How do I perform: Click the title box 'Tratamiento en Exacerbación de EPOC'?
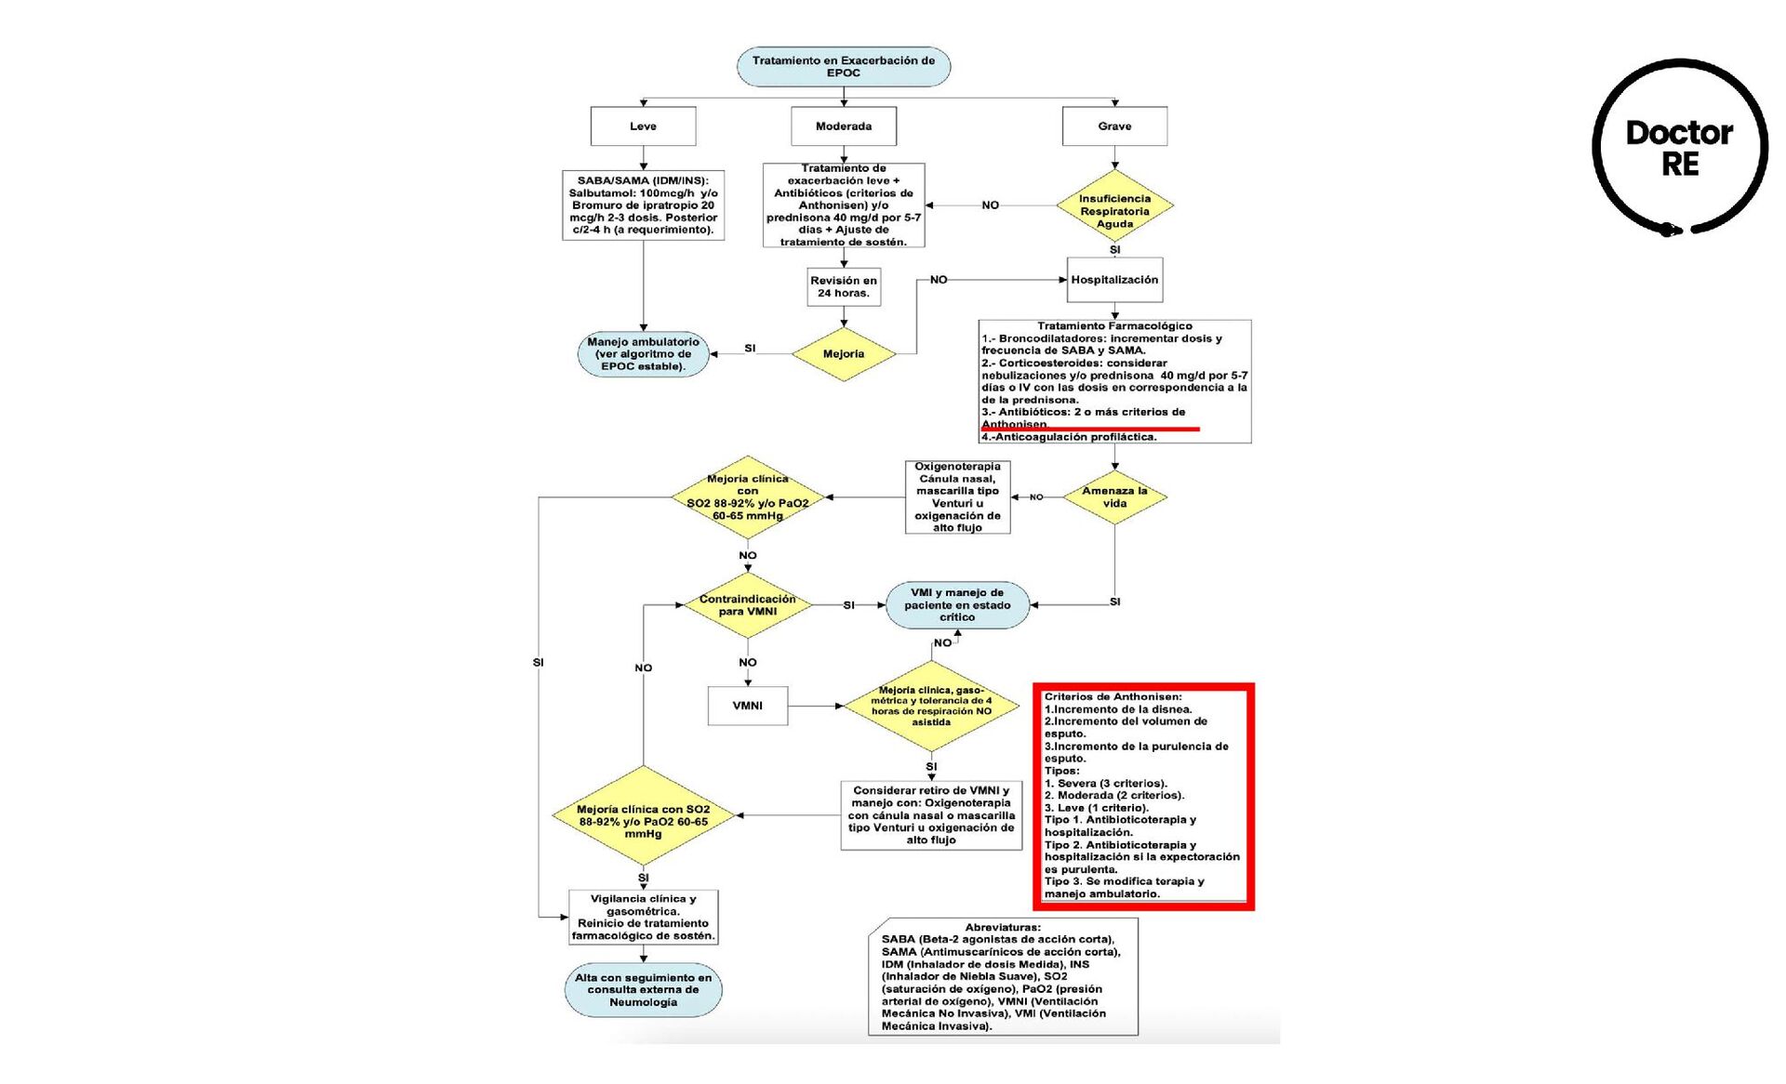(x=843, y=67)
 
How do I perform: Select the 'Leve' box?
(x=643, y=126)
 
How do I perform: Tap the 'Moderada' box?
(x=843, y=126)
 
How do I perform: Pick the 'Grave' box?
(x=1113, y=126)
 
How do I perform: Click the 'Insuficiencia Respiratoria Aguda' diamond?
(x=1113, y=211)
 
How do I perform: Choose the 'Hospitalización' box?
(x=1113, y=280)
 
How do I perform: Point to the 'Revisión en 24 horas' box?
(x=843, y=286)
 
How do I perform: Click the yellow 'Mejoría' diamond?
(x=843, y=354)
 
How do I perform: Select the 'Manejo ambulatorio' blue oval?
(x=643, y=354)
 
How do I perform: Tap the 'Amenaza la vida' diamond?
(x=1113, y=497)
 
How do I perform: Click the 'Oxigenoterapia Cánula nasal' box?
(x=957, y=497)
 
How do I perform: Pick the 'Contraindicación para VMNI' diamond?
(x=747, y=605)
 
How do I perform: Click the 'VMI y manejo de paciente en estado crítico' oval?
(x=957, y=605)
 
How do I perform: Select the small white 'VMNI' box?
(x=747, y=706)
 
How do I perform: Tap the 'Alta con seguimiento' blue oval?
(x=643, y=990)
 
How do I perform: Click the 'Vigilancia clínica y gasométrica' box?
(x=643, y=918)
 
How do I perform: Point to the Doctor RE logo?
(x=1679, y=148)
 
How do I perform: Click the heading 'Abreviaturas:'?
(x=1002, y=927)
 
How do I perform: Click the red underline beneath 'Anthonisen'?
(x=1089, y=430)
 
